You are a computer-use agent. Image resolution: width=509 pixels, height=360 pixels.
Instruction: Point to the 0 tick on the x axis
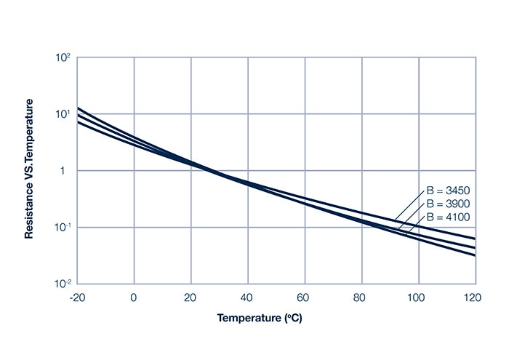point(134,297)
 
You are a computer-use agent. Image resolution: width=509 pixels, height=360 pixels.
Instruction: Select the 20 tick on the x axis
point(191,297)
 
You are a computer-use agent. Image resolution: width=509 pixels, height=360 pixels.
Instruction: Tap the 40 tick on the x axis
point(248,297)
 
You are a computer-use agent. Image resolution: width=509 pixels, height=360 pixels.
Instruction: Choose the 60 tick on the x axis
point(305,297)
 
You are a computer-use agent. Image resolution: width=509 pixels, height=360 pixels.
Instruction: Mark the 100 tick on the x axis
point(418,297)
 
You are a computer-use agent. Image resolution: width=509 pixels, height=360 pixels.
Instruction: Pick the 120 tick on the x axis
point(473,297)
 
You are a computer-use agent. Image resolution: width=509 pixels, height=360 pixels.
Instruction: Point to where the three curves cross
point(207,170)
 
